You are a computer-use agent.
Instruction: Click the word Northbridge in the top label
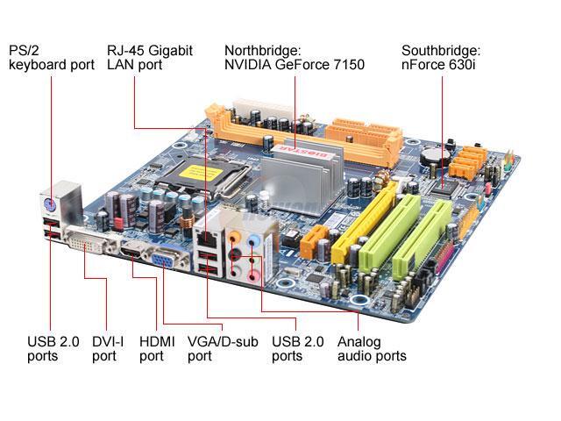click(x=260, y=49)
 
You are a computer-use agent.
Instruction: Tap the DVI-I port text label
click(x=104, y=348)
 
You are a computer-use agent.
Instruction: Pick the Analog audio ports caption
click(x=372, y=348)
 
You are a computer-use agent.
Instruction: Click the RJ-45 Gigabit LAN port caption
click(x=149, y=57)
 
